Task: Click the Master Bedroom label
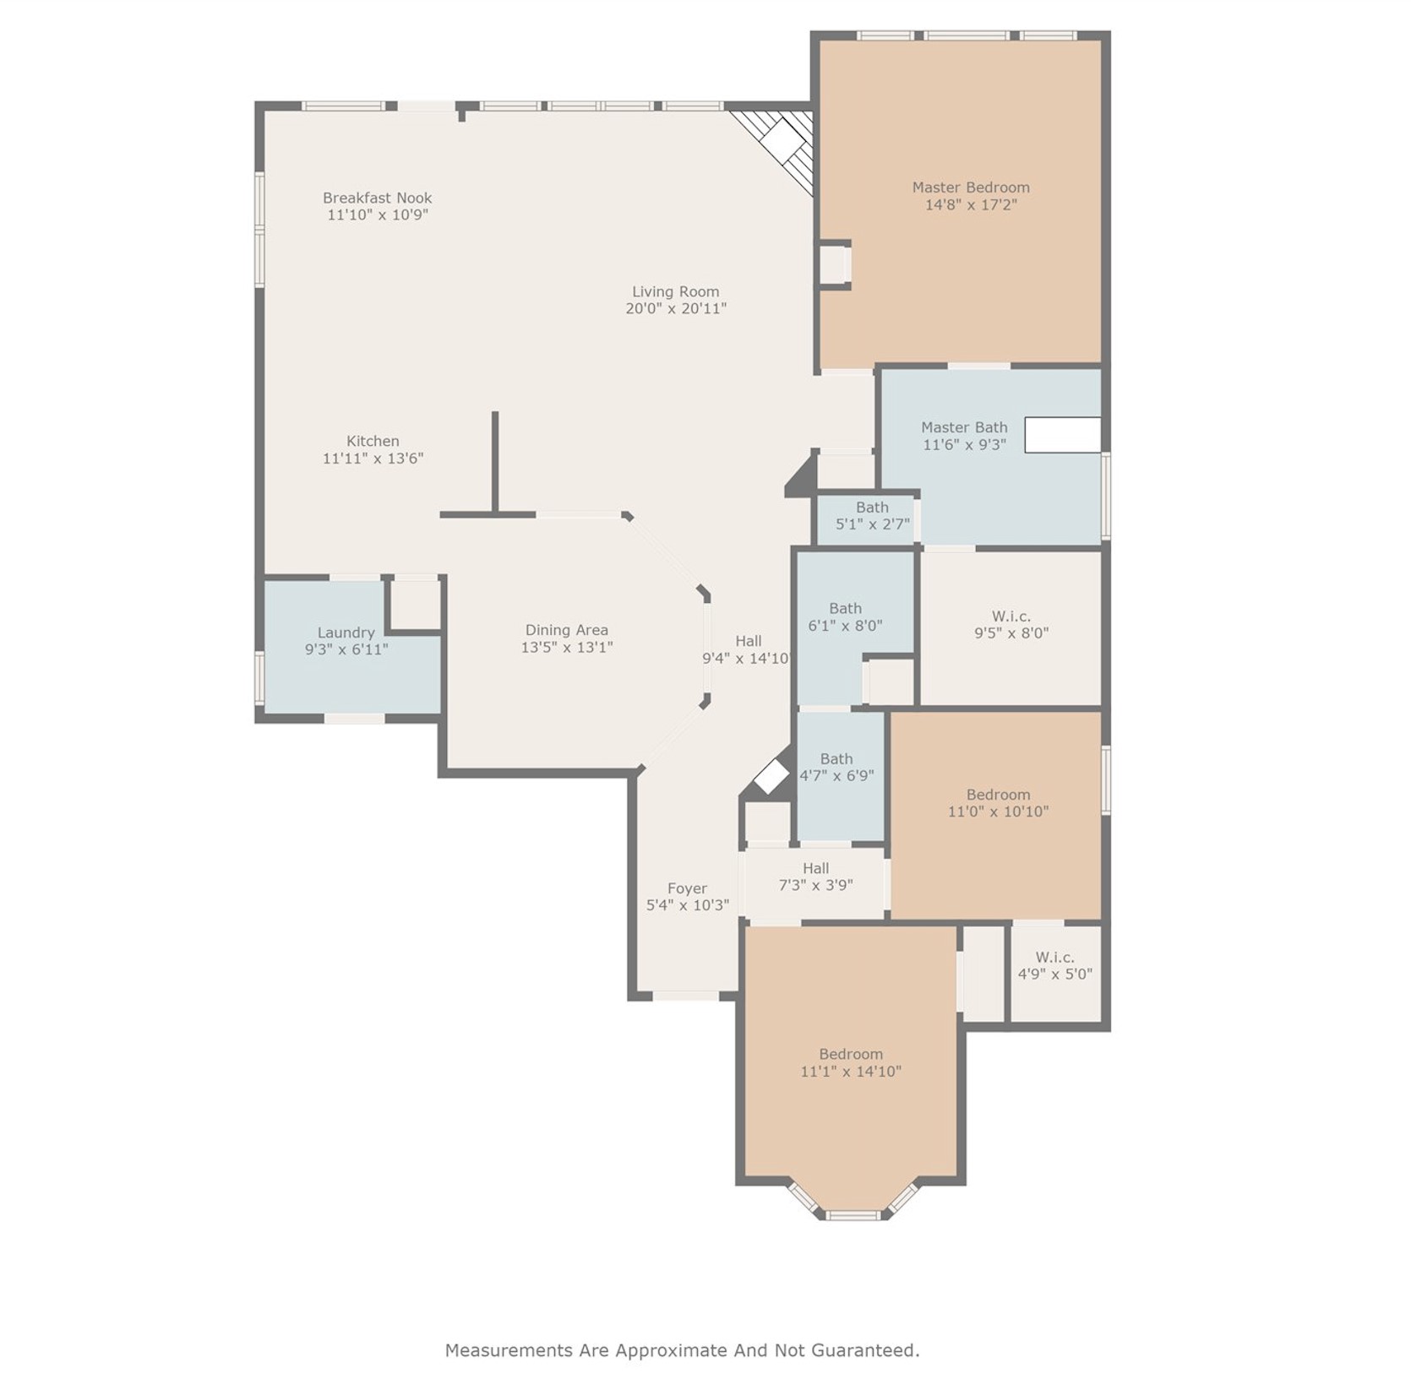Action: point(970,187)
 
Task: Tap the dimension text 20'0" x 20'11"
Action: point(675,309)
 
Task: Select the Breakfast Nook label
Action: point(377,198)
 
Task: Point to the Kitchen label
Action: point(373,441)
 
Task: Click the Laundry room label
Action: point(346,633)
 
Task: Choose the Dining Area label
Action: point(566,630)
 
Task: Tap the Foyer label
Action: point(686,888)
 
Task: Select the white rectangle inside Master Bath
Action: point(1062,435)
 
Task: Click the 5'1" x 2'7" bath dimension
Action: point(872,524)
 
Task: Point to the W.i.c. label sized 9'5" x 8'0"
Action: point(1011,616)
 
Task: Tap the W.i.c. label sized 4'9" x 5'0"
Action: point(1054,958)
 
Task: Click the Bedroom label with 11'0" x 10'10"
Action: point(998,795)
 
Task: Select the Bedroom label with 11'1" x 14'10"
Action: point(850,1054)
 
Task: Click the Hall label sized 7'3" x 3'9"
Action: point(815,868)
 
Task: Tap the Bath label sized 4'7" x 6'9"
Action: point(836,759)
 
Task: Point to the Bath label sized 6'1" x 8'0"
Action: point(845,608)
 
